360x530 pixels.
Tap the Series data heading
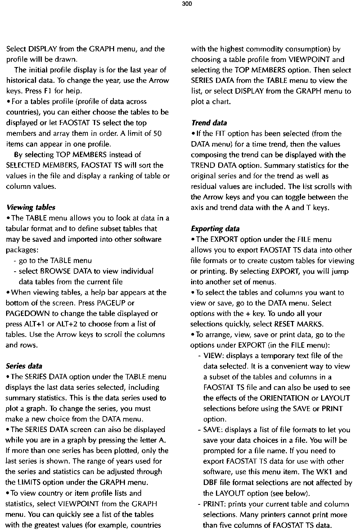point(24,366)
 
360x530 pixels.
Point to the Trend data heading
point(209,123)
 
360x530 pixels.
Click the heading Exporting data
point(215,229)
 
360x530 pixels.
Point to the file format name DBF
point(210,482)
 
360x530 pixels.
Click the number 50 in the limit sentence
point(157,134)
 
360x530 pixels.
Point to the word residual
point(205,187)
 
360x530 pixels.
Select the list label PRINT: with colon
point(215,504)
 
